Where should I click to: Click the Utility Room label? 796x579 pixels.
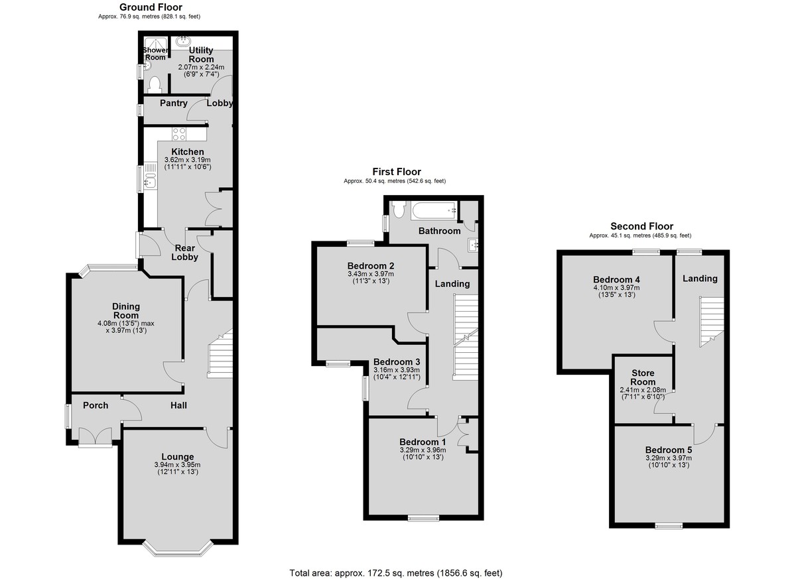(x=201, y=54)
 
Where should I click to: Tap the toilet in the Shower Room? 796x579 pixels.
(x=154, y=85)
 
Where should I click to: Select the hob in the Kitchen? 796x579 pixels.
(x=178, y=134)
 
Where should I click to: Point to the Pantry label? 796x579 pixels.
(x=173, y=103)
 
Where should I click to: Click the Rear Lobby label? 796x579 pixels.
(x=185, y=253)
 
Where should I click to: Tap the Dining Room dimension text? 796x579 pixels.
(x=126, y=327)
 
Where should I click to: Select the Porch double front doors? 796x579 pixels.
(x=96, y=436)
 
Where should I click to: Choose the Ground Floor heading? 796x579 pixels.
(x=151, y=7)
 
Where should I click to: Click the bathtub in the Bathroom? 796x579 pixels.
(x=434, y=211)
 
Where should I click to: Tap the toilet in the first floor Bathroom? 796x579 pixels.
(x=399, y=210)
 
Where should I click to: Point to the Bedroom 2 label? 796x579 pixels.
(x=371, y=266)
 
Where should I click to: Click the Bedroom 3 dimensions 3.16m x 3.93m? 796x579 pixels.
(x=397, y=370)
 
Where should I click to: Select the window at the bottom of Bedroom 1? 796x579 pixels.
(x=423, y=519)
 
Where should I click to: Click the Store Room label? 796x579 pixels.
(x=643, y=377)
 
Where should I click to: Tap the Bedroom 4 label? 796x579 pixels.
(x=616, y=280)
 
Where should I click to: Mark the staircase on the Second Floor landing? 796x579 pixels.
(x=712, y=322)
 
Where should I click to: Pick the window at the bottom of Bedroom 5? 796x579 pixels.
(x=669, y=526)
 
